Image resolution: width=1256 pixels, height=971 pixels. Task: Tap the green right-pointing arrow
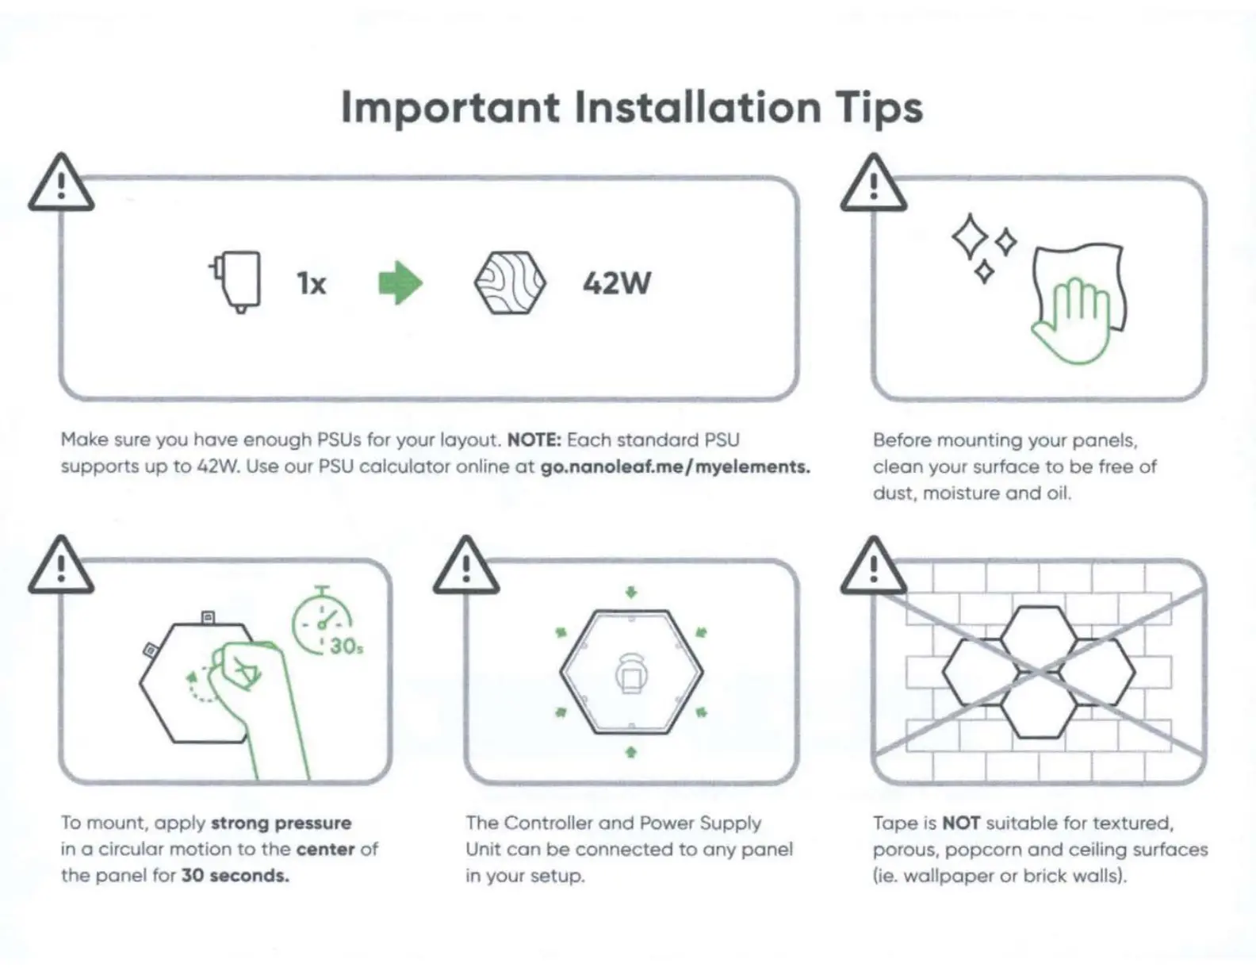[x=400, y=283]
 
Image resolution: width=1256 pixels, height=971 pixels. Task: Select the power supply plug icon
[x=237, y=282]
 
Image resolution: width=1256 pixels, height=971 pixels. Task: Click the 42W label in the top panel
[x=617, y=283]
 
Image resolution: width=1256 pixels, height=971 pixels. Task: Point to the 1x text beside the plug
[x=312, y=283]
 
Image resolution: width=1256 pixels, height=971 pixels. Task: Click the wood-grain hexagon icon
[x=510, y=283]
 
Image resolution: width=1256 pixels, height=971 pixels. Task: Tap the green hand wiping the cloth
[x=1070, y=321]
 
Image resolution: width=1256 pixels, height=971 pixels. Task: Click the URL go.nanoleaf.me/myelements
[x=675, y=466]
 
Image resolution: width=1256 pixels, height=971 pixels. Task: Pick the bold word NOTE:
[x=534, y=440]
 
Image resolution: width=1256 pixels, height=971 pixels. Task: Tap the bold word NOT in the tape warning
[x=961, y=823]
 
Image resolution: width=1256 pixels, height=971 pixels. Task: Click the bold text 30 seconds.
[x=235, y=876]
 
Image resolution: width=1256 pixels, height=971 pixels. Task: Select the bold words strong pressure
[x=281, y=823]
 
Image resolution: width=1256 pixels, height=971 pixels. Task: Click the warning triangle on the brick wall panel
[x=873, y=567]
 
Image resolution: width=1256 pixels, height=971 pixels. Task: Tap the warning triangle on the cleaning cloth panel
[x=873, y=185]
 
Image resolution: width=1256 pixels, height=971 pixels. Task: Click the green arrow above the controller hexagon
[x=631, y=592]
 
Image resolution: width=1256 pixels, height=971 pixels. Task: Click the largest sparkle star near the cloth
[x=969, y=236]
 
